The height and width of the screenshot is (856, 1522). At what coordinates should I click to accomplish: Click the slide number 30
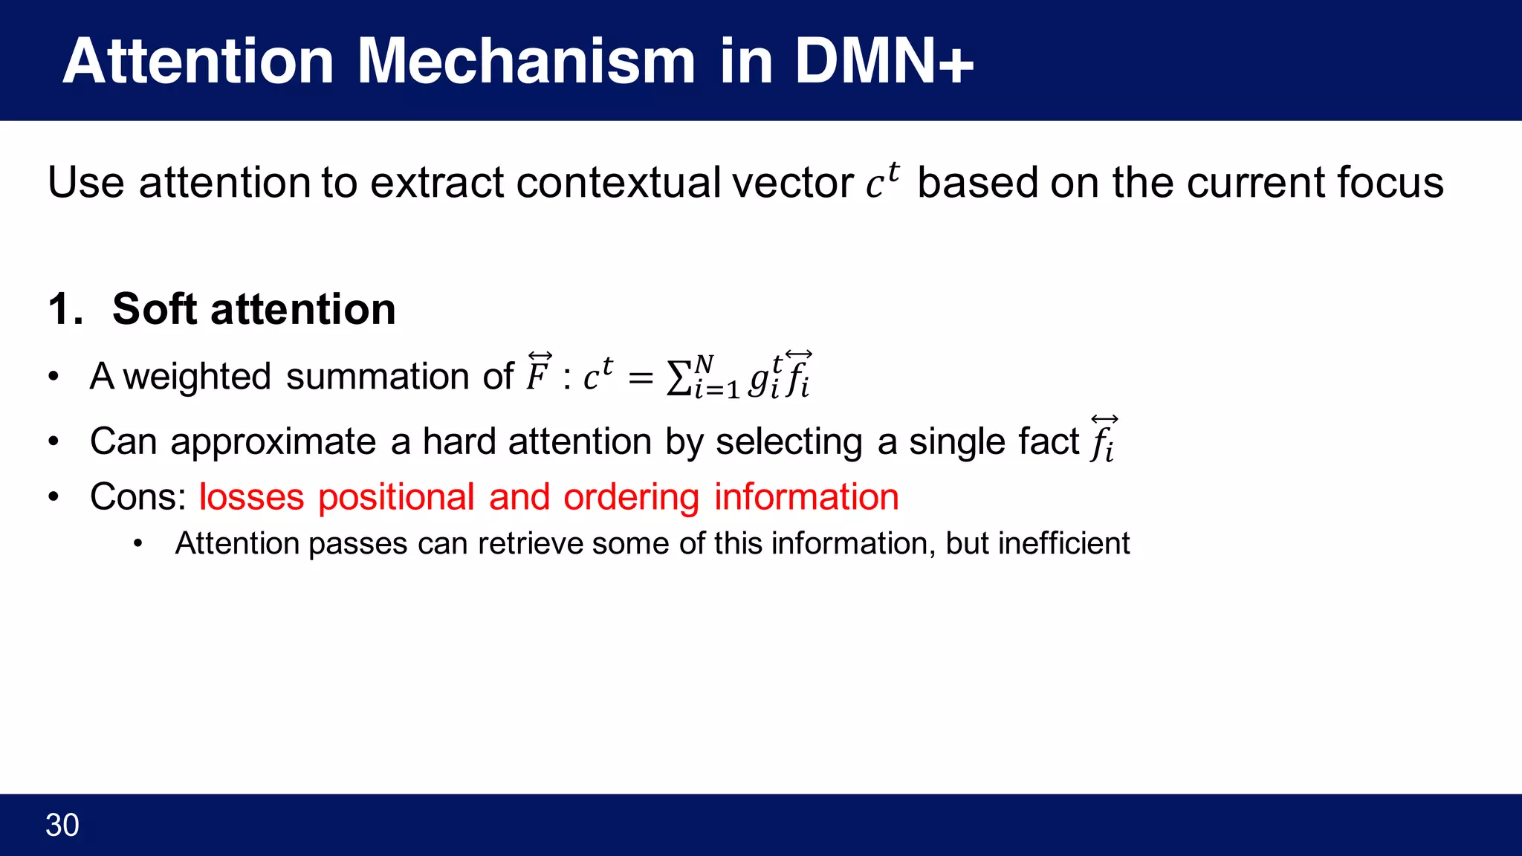coord(62,825)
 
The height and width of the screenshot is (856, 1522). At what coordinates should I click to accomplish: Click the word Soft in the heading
coord(155,309)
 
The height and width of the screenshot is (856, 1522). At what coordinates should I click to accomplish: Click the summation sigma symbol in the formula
coord(679,378)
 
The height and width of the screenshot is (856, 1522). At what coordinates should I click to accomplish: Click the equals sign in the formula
coord(640,378)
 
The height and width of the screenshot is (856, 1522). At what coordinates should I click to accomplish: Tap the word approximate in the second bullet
coord(273,442)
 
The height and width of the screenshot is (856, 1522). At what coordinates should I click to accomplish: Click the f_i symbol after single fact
coord(1104,441)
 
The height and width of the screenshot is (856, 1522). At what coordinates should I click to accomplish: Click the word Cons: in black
coord(137,497)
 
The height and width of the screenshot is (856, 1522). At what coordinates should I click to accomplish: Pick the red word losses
coord(251,497)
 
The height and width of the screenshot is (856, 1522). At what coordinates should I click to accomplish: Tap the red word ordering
coord(631,497)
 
